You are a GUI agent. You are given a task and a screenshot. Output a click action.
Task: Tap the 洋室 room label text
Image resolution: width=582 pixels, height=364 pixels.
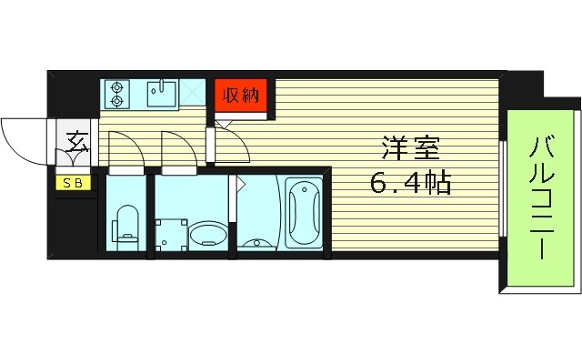[x=405, y=147]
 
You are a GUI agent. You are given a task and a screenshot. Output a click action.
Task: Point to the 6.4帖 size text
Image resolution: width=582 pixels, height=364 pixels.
[x=410, y=185]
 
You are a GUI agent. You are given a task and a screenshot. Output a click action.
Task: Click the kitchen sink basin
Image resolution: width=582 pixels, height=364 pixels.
[x=161, y=95]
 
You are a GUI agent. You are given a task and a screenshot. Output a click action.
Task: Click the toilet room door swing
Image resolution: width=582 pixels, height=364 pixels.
[x=125, y=149]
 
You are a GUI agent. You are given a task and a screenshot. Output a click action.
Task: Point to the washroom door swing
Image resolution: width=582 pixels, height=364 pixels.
[x=178, y=149]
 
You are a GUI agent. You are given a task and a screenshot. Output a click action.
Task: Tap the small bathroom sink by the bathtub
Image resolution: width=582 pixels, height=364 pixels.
[x=258, y=243]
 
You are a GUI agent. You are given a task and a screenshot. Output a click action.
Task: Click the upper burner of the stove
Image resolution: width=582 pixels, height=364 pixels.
[x=117, y=88]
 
